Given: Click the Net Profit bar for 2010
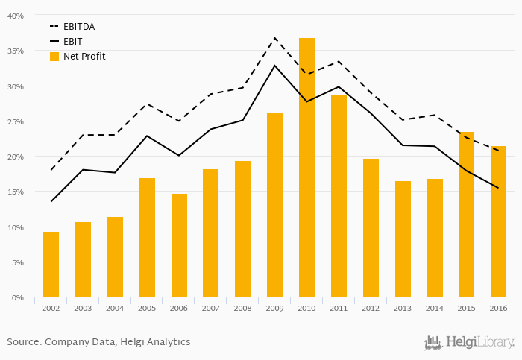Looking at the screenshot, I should (306, 168).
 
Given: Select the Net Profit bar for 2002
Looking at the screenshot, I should (51, 265).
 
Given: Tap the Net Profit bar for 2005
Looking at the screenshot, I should (147, 238).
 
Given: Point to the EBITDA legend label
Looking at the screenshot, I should (79, 27).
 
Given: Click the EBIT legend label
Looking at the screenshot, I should (73, 42).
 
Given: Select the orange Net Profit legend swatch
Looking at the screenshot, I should (54, 57).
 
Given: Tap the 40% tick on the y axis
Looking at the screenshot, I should (16, 16).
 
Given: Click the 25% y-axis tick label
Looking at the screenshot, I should (16, 121).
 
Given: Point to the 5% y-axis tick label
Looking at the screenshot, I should (18, 262).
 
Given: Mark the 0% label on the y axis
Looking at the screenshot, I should (18, 298).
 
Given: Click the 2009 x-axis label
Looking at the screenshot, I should (274, 309).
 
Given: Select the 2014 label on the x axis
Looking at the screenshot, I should (434, 309).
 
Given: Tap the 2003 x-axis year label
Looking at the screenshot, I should (83, 309).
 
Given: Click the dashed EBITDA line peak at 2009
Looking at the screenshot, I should (274, 37).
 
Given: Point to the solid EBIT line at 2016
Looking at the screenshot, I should (498, 188).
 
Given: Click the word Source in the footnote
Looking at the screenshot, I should (23, 342).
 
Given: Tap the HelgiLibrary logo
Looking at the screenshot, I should (469, 343).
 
